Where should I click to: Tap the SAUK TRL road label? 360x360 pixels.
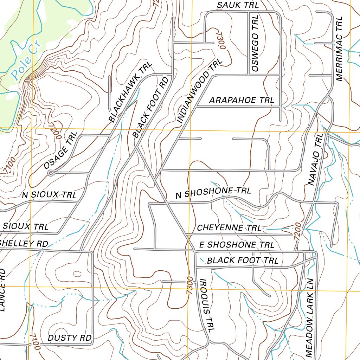click(238, 5)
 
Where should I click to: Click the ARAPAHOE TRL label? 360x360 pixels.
click(242, 101)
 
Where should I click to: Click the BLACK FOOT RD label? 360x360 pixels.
click(150, 108)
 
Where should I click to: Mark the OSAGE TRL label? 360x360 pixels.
click(60, 150)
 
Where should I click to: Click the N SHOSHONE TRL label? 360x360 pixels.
click(213, 192)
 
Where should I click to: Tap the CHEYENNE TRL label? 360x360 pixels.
click(229, 228)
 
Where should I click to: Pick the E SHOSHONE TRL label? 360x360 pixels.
click(236, 245)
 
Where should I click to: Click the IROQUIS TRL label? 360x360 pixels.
click(207, 304)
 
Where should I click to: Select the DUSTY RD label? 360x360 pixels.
click(70, 338)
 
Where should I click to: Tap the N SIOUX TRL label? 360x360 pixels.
click(49, 195)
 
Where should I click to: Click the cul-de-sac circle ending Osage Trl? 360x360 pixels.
click(51, 173)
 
